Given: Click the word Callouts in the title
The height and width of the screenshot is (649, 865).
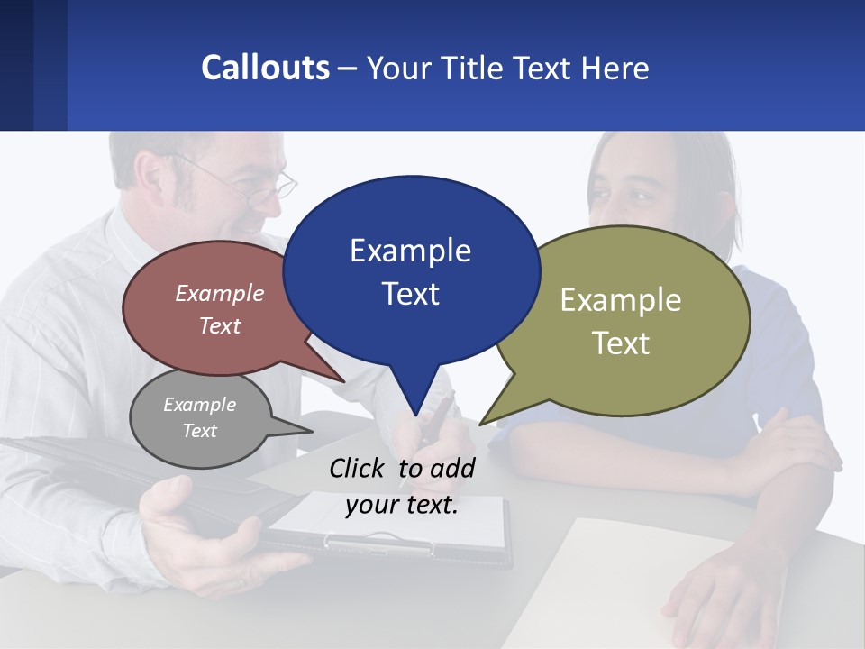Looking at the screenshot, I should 265,68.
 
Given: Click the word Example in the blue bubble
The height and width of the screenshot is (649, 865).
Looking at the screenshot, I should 410,251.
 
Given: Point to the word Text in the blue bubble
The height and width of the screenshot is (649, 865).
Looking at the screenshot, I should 410,294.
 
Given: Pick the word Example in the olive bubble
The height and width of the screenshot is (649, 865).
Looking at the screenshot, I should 621,300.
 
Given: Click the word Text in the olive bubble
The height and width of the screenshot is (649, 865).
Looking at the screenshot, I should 621,343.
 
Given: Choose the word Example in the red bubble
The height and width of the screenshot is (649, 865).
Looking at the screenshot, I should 219,293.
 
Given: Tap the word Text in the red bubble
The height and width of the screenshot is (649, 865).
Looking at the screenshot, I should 219,325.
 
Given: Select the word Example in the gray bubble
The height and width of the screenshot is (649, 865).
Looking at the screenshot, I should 199,405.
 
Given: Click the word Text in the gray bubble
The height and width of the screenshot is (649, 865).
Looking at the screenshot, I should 199,431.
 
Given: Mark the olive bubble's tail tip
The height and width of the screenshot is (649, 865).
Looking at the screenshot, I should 479,425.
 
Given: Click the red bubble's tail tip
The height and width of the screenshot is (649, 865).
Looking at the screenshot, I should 344,381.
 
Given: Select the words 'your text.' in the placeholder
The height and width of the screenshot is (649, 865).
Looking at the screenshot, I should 402,505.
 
